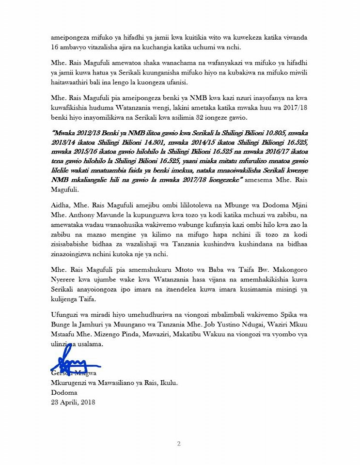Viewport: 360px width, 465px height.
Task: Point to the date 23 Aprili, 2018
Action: coord(73,402)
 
